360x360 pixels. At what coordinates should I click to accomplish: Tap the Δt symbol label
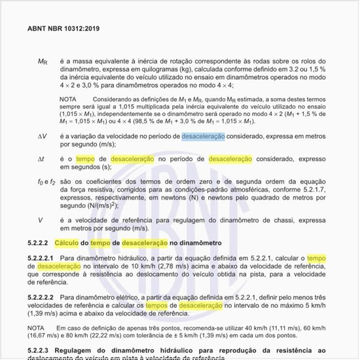click(41, 159)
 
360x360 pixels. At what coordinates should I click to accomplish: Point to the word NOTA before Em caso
click(37, 327)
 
